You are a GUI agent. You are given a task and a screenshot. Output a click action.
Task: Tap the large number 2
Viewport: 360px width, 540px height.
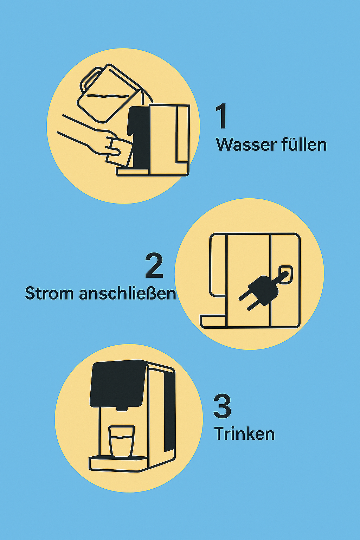click(x=154, y=267)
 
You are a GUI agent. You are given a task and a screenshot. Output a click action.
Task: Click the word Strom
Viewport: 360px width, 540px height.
click(x=49, y=294)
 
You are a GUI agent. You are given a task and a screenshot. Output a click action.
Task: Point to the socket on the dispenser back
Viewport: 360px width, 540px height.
click(x=286, y=274)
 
